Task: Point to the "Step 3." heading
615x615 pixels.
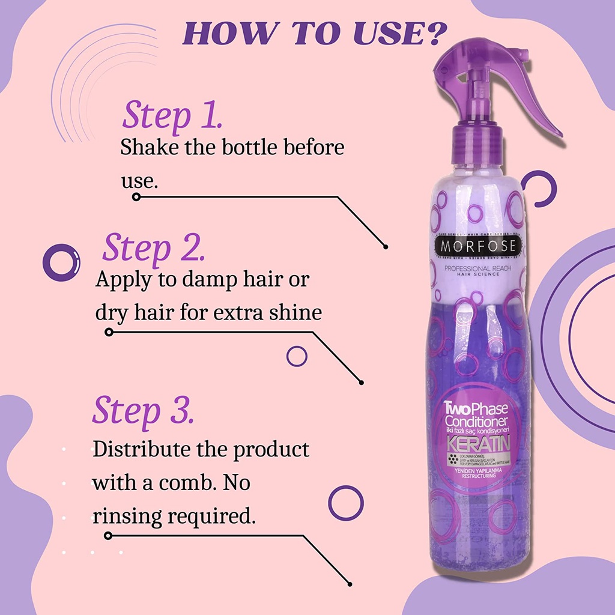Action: click(x=143, y=410)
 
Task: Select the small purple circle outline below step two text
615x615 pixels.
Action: click(x=297, y=356)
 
